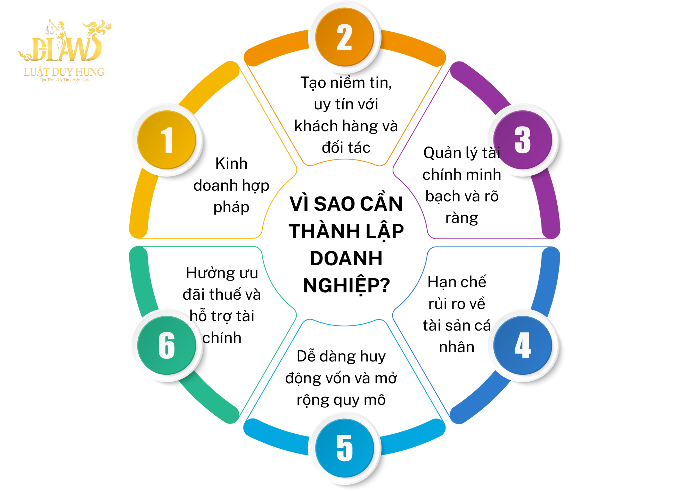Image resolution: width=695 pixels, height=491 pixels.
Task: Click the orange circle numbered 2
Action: click(344, 37)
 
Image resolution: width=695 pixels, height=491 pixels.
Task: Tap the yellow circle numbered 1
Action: click(167, 140)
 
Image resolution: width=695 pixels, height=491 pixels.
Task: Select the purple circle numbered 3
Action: click(523, 140)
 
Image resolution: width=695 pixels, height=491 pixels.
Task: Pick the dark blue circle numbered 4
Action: click(523, 345)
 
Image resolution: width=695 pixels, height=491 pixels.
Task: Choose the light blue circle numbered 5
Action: click(344, 448)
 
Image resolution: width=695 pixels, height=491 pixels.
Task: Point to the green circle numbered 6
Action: click(167, 345)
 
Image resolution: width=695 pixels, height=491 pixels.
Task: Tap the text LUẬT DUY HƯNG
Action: click(64, 72)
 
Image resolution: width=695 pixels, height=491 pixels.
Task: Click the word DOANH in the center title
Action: click(346, 258)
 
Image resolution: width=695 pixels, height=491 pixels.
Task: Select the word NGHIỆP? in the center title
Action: click(346, 286)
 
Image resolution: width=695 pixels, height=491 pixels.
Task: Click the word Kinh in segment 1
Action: click(231, 163)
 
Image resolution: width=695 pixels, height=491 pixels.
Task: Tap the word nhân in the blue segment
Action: click(457, 347)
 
